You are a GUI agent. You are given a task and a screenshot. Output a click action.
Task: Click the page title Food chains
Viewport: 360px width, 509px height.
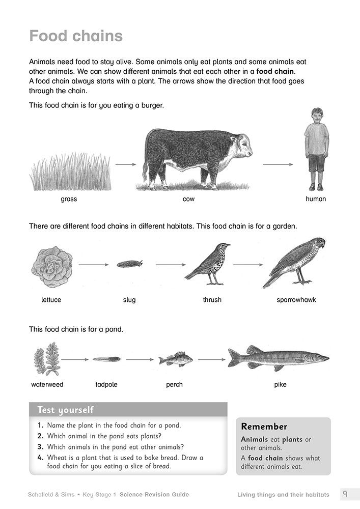(x=76, y=36)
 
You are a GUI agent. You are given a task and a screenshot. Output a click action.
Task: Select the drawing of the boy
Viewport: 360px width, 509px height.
(x=316, y=148)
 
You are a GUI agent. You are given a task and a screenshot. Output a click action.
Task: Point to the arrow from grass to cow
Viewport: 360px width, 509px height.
(x=126, y=164)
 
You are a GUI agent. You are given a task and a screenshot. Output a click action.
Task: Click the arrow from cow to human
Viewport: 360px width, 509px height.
(x=278, y=164)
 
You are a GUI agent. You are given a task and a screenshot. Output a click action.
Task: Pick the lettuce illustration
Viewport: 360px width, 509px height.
(x=51, y=267)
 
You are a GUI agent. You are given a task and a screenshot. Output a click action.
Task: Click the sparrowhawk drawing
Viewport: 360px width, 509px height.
(x=295, y=262)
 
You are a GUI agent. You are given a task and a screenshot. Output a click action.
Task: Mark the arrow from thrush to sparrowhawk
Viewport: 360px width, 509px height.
(x=248, y=265)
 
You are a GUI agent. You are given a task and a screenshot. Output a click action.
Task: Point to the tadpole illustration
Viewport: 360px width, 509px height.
(x=106, y=359)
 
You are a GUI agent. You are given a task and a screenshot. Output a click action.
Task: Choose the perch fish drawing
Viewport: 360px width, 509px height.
(x=175, y=359)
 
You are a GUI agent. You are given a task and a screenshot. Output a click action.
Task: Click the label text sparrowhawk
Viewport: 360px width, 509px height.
(x=296, y=300)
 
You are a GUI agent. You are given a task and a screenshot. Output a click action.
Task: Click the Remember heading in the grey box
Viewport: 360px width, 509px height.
(x=264, y=427)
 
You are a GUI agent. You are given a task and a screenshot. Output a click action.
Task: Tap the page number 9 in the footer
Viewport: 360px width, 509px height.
(x=345, y=494)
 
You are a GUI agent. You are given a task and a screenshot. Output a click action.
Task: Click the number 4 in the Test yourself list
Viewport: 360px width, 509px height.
(x=40, y=458)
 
